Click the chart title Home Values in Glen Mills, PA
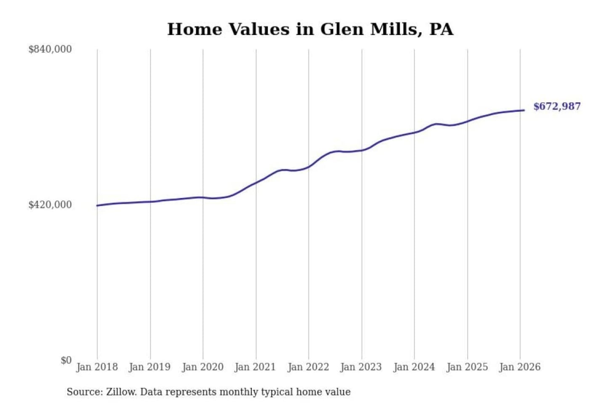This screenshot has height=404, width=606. (310, 29)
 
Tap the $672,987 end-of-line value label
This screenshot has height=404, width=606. (557, 106)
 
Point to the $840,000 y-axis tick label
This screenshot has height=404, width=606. (50, 49)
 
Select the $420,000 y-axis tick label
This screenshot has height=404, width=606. (50, 205)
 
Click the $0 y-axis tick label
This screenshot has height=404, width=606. (66, 360)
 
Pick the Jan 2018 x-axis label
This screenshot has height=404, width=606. (97, 367)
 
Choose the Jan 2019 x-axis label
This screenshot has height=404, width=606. (150, 367)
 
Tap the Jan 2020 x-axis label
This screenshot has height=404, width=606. (202, 367)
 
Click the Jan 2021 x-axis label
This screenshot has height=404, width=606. (255, 367)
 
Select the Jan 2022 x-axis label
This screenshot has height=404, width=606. (308, 367)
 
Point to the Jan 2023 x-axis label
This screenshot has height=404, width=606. (361, 367)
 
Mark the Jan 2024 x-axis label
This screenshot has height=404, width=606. (414, 367)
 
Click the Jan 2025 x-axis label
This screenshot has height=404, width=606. (467, 367)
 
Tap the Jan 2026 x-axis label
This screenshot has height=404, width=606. (519, 367)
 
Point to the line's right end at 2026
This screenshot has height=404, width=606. (524, 110)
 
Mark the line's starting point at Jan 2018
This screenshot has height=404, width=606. (97, 205)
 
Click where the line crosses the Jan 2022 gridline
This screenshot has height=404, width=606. (308, 167)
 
